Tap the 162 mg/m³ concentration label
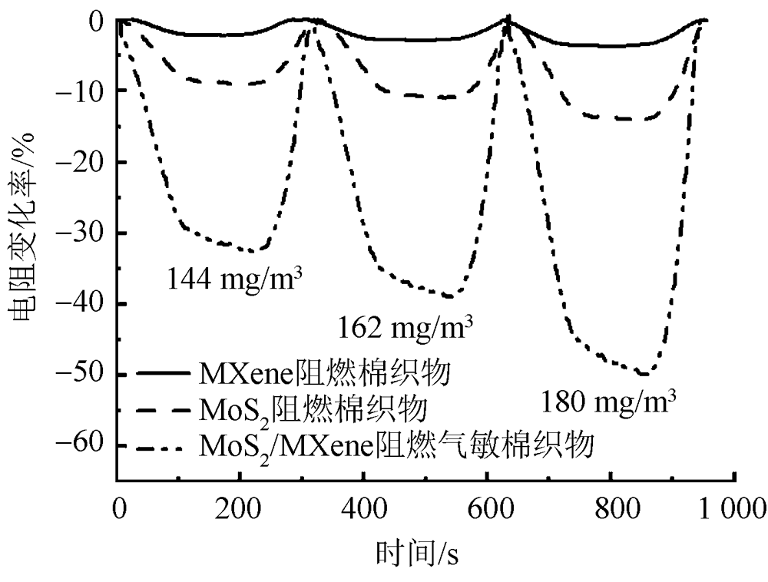tap(405, 329)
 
